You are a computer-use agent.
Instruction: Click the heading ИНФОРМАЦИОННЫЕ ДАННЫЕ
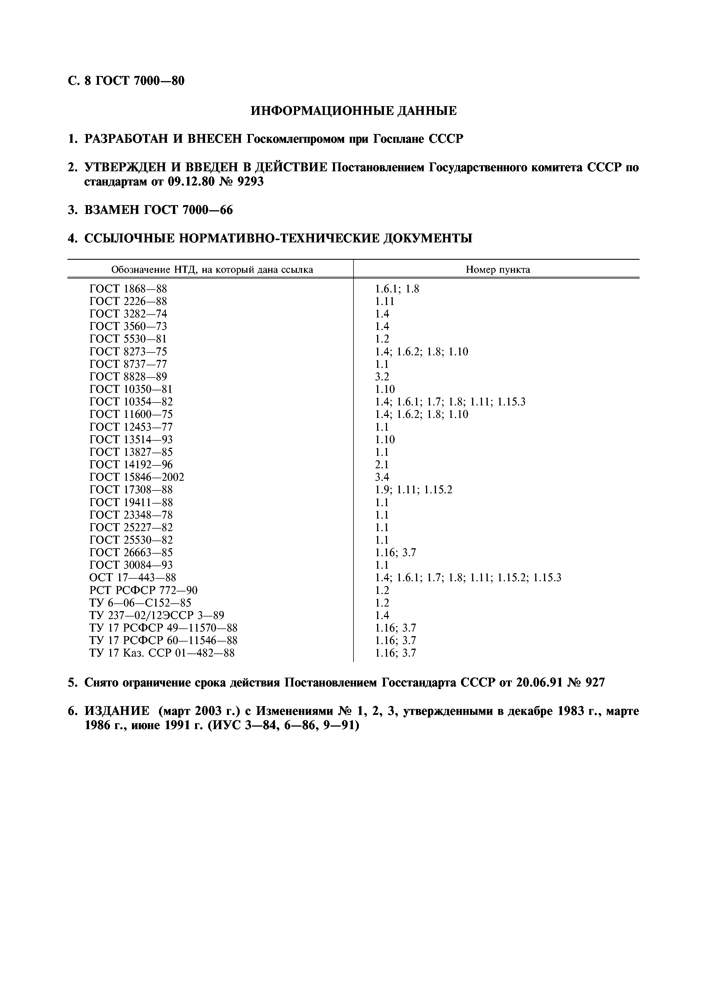tap(353, 111)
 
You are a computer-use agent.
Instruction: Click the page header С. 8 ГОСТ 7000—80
tap(126, 81)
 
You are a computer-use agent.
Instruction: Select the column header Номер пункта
tap(498, 269)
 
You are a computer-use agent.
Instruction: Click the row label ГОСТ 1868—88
tap(128, 289)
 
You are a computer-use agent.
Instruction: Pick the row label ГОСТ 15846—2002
tap(137, 477)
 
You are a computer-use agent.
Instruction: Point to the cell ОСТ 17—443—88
tap(133, 578)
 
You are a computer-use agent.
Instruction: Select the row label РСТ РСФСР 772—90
tap(143, 590)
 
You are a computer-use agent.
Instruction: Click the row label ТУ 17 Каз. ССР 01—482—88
tap(162, 653)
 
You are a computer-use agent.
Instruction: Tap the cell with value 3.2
tap(382, 376)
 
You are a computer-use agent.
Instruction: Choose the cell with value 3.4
tap(382, 477)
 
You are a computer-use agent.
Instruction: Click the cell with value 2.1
tap(382, 465)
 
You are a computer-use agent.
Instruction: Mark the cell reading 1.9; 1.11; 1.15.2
tap(414, 490)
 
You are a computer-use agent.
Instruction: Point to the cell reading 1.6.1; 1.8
tap(397, 289)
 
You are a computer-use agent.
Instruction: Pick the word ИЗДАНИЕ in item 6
tap(116, 711)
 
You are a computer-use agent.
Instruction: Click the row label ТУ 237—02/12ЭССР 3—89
tap(157, 615)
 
